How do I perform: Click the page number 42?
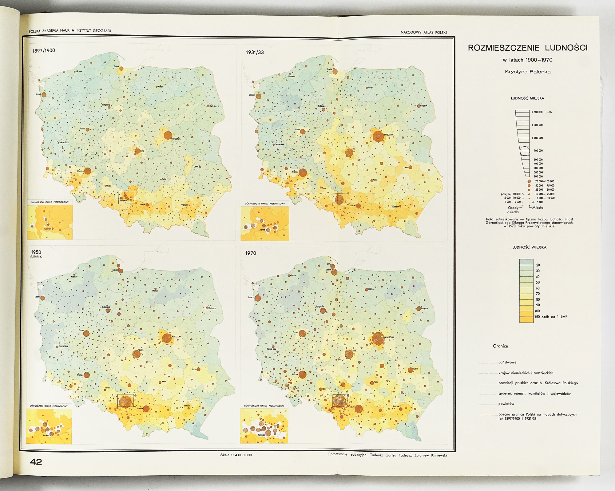tap(36, 462)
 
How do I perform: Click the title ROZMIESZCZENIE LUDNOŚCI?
tap(528, 48)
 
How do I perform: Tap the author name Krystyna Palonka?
tap(528, 72)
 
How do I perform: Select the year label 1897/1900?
tap(44, 51)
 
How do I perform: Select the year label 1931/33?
tap(255, 52)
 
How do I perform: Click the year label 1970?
tap(250, 253)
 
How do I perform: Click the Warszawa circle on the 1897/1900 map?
tap(168, 135)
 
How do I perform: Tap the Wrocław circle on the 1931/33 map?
tap(303, 173)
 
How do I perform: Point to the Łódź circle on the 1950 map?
tap(137, 354)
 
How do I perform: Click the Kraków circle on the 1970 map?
tap(359, 409)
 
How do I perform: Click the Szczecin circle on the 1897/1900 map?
tap(44, 95)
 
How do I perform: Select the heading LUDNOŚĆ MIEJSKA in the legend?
tap(527, 98)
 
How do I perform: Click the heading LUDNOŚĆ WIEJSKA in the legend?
tap(529, 247)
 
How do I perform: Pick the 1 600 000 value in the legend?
tap(538, 112)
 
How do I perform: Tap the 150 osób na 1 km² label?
tap(550, 317)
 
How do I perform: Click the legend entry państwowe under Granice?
tap(507, 362)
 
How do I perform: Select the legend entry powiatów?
tap(506, 404)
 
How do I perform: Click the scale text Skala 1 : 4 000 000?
tap(236, 455)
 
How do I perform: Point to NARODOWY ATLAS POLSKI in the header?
tap(423, 32)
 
